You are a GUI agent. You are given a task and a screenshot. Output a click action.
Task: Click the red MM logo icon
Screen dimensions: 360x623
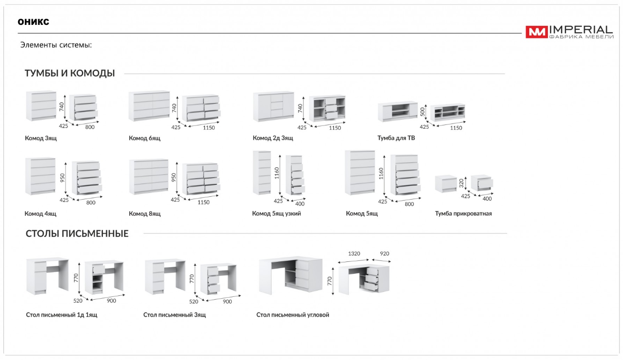(x=536, y=32)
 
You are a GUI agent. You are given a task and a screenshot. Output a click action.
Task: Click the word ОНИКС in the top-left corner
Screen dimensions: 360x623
(x=33, y=22)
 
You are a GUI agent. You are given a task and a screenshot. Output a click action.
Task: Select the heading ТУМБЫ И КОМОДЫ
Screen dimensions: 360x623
(x=70, y=73)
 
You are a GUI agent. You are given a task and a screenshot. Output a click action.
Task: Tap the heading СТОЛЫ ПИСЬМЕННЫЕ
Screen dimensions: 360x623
(x=77, y=234)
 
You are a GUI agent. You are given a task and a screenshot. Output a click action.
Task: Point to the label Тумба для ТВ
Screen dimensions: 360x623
(x=396, y=138)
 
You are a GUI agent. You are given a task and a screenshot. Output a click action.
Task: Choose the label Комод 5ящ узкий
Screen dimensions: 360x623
(x=277, y=214)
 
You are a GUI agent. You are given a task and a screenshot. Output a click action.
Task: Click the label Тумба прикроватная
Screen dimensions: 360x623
(x=463, y=214)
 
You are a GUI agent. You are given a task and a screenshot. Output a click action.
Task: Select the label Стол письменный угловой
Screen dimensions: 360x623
(x=293, y=315)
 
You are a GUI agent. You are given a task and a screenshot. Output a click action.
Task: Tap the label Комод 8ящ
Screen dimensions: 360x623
(x=145, y=214)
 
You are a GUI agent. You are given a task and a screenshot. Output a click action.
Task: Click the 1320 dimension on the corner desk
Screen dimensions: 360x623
(x=354, y=253)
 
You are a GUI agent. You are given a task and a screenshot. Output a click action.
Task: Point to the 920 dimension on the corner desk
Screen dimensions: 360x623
(x=385, y=253)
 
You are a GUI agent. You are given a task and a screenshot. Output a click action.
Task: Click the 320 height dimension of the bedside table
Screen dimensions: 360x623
(x=461, y=182)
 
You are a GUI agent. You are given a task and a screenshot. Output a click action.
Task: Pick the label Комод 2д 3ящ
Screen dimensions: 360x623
(x=273, y=138)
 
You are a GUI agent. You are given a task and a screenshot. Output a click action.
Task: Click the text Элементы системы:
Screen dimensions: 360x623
(x=56, y=45)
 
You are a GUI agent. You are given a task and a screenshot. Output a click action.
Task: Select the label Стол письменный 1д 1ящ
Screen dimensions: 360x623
(x=62, y=315)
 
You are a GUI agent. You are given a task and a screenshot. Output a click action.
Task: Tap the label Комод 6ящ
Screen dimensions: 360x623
(x=145, y=138)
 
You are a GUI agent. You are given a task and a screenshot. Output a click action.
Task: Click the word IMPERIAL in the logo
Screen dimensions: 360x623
(x=581, y=30)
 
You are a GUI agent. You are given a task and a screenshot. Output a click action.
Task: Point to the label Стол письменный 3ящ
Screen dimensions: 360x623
(x=175, y=315)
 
